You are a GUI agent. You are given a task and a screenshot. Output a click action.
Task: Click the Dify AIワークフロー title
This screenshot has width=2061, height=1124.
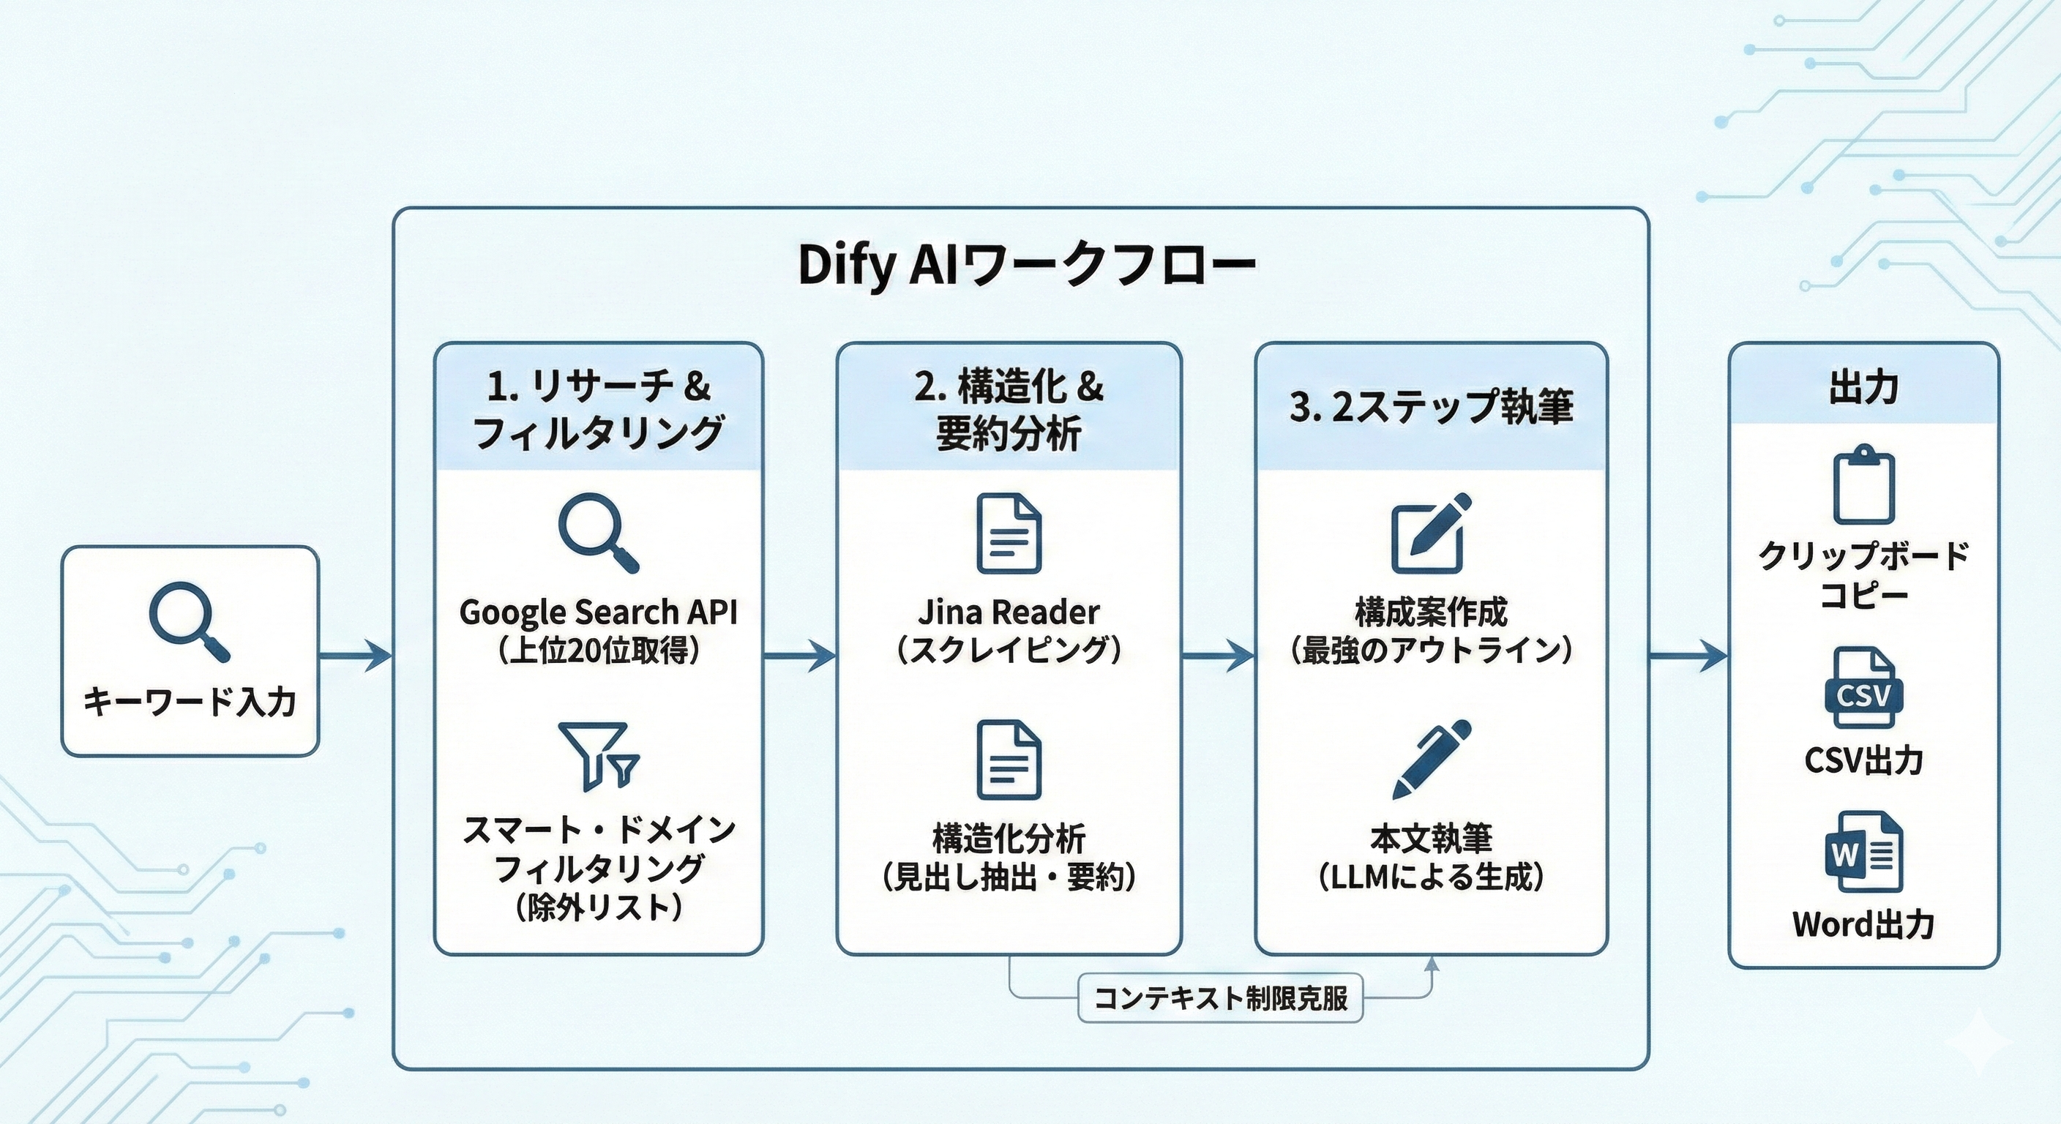1027,265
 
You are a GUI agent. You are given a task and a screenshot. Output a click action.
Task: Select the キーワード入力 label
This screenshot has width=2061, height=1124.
190,702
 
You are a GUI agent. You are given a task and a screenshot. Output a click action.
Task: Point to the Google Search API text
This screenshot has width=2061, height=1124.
599,612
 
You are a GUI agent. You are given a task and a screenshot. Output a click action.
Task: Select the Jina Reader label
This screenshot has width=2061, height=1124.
1008,612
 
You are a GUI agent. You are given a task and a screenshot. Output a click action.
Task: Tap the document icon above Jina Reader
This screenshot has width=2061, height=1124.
1009,533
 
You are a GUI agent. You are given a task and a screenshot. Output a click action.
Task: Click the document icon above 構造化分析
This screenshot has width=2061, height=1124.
1009,760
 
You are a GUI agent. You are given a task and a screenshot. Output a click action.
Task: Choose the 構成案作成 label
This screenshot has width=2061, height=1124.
1431,612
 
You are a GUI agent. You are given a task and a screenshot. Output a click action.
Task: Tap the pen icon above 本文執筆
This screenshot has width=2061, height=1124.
1432,758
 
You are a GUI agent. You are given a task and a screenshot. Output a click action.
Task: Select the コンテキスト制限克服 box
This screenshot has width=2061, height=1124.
1220,997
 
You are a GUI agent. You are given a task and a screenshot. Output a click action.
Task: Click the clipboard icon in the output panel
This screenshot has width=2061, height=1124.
1863,485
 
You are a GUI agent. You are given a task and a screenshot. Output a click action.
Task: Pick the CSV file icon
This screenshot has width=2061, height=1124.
1863,688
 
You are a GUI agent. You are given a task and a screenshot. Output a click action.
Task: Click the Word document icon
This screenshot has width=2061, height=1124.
1863,852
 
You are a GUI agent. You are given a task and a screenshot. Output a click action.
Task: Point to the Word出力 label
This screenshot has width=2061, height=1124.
1863,925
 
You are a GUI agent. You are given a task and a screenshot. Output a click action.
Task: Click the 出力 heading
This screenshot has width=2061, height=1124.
1863,387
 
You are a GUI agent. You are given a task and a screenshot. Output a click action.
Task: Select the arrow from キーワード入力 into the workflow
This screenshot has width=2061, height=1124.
355,656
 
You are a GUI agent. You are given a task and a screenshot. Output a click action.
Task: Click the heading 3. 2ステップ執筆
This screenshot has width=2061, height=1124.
1431,406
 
